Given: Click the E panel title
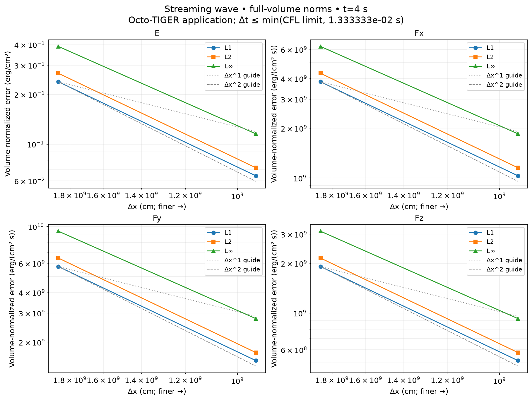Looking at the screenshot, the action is pyautogui.click(x=157, y=33).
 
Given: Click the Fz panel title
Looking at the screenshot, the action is pyautogui.click(x=419, y=218).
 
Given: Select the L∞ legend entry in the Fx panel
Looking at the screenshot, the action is pyautogui.click(x=491, y=66).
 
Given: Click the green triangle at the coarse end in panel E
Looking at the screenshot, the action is pyautogui.click(x=58, y=47).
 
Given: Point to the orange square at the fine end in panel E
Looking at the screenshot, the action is pyautogui.click(x=256, y=168).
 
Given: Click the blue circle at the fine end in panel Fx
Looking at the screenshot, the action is pyautogui.click(x=518, y=176).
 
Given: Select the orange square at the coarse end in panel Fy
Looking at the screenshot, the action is pyautogui.click(x=58, y=258).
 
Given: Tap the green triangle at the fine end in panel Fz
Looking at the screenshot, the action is pyautogui.click(x=518, y=319).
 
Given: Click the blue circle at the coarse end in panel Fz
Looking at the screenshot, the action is pyautogui.click(x=321, y=267).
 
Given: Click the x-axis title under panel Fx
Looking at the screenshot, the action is pyautogui.click(x=419, y=207).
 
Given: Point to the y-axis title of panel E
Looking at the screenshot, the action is pyautogui.click(x=8, y=114).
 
